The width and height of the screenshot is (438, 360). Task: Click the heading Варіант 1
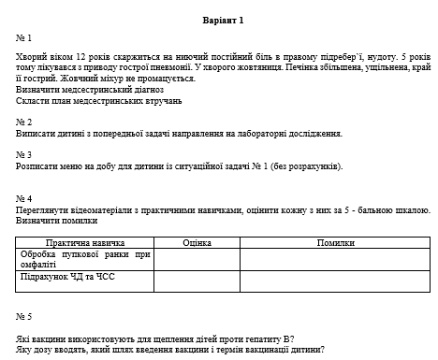pyautogui.click(x=222, y=20)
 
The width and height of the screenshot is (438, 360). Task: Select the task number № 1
pyautogui.click(x=24, y=38)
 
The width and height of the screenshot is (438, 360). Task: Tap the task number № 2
pyautogui.click(x=24, y=122)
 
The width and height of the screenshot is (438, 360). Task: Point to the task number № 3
pyautogui.click(x=24, y=154)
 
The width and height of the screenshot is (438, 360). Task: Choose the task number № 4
pyautogui.click(x=24, y=199)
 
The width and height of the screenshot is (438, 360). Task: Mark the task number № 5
pyautogui.click(x=24, y=316)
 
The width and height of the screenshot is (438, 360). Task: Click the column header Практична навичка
pyautogui.click(x=84, y=242)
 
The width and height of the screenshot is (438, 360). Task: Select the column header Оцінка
pyautogui.click(x=197, y=242)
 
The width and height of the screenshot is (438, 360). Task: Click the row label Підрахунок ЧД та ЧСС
pyautogui.click(x=71, y=277)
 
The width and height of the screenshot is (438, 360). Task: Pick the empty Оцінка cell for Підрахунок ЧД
pyautogui.click(x=197, y=281)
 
